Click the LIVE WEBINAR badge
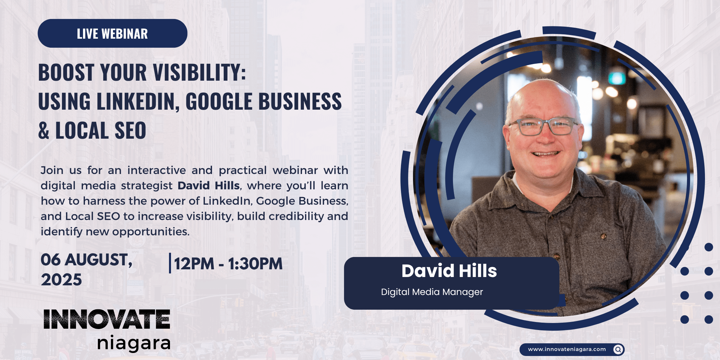click(x=112, y=33)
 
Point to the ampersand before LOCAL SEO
click(x=44, y=130)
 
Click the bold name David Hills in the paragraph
click(x=209, y=186)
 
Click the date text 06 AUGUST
click(x=86, y=260)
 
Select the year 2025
click(x=61, y=280)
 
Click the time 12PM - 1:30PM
click(x=228, y=264)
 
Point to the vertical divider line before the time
click(x=170, y=263)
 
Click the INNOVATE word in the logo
click(x=107, y=319)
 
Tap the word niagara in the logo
click(x=134, y=343)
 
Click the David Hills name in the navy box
click(x=449, y=271)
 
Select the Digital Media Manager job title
click(x=432, y=292)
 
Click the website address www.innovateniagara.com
click(x=567, y=349)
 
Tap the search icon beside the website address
click(x=618, y=349)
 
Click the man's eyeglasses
click(x=543, y=127)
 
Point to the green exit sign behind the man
click(x=617, y=78)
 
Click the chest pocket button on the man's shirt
click(x=603, y=236)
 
